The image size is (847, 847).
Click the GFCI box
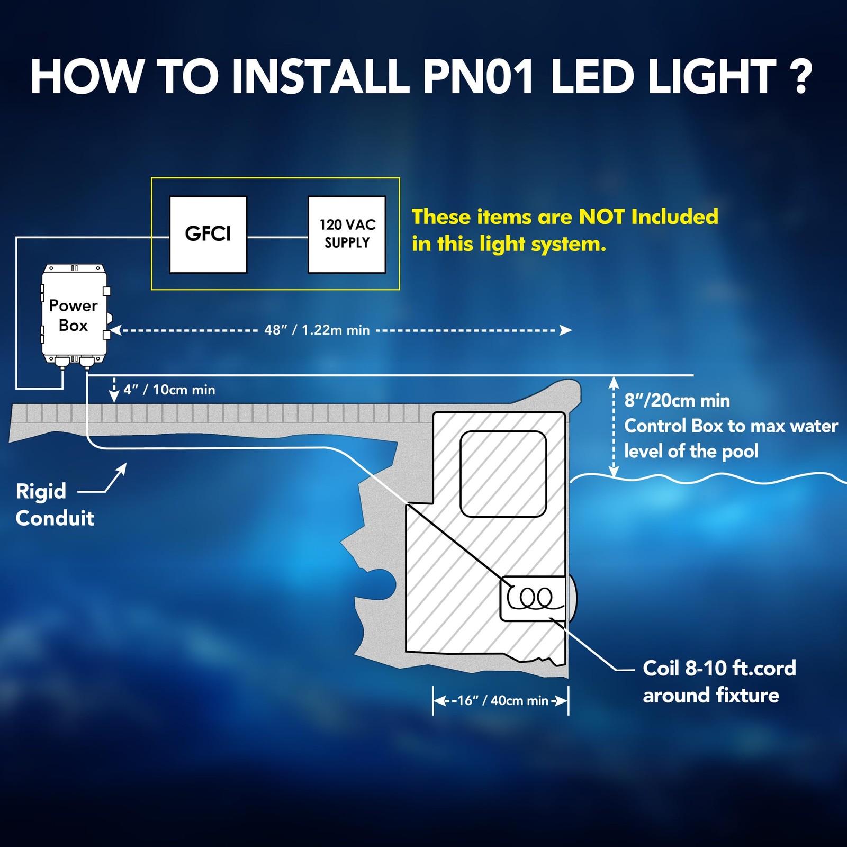click(208, 235)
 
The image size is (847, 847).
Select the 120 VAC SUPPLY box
click(347, 235)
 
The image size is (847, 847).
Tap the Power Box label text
click(73, 316)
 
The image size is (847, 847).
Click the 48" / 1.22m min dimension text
click(317, 330)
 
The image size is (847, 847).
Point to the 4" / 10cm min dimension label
click(169, 390)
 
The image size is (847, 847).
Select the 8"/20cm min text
click(677, 401)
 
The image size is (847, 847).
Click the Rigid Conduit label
click(54, 504)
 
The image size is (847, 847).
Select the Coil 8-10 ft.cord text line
click(719, 669)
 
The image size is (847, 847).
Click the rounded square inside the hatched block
click(503, 474)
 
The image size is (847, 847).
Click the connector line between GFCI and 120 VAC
click(277, 237)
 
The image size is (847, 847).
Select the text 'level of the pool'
click(691, 452)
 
